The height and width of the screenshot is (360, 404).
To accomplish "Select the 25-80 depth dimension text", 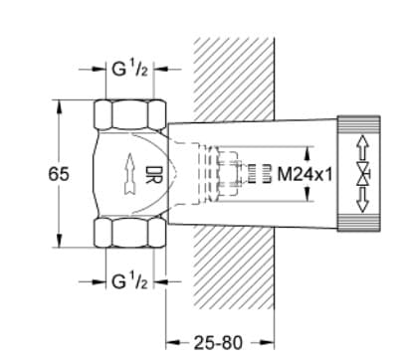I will (x=217, y=340).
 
